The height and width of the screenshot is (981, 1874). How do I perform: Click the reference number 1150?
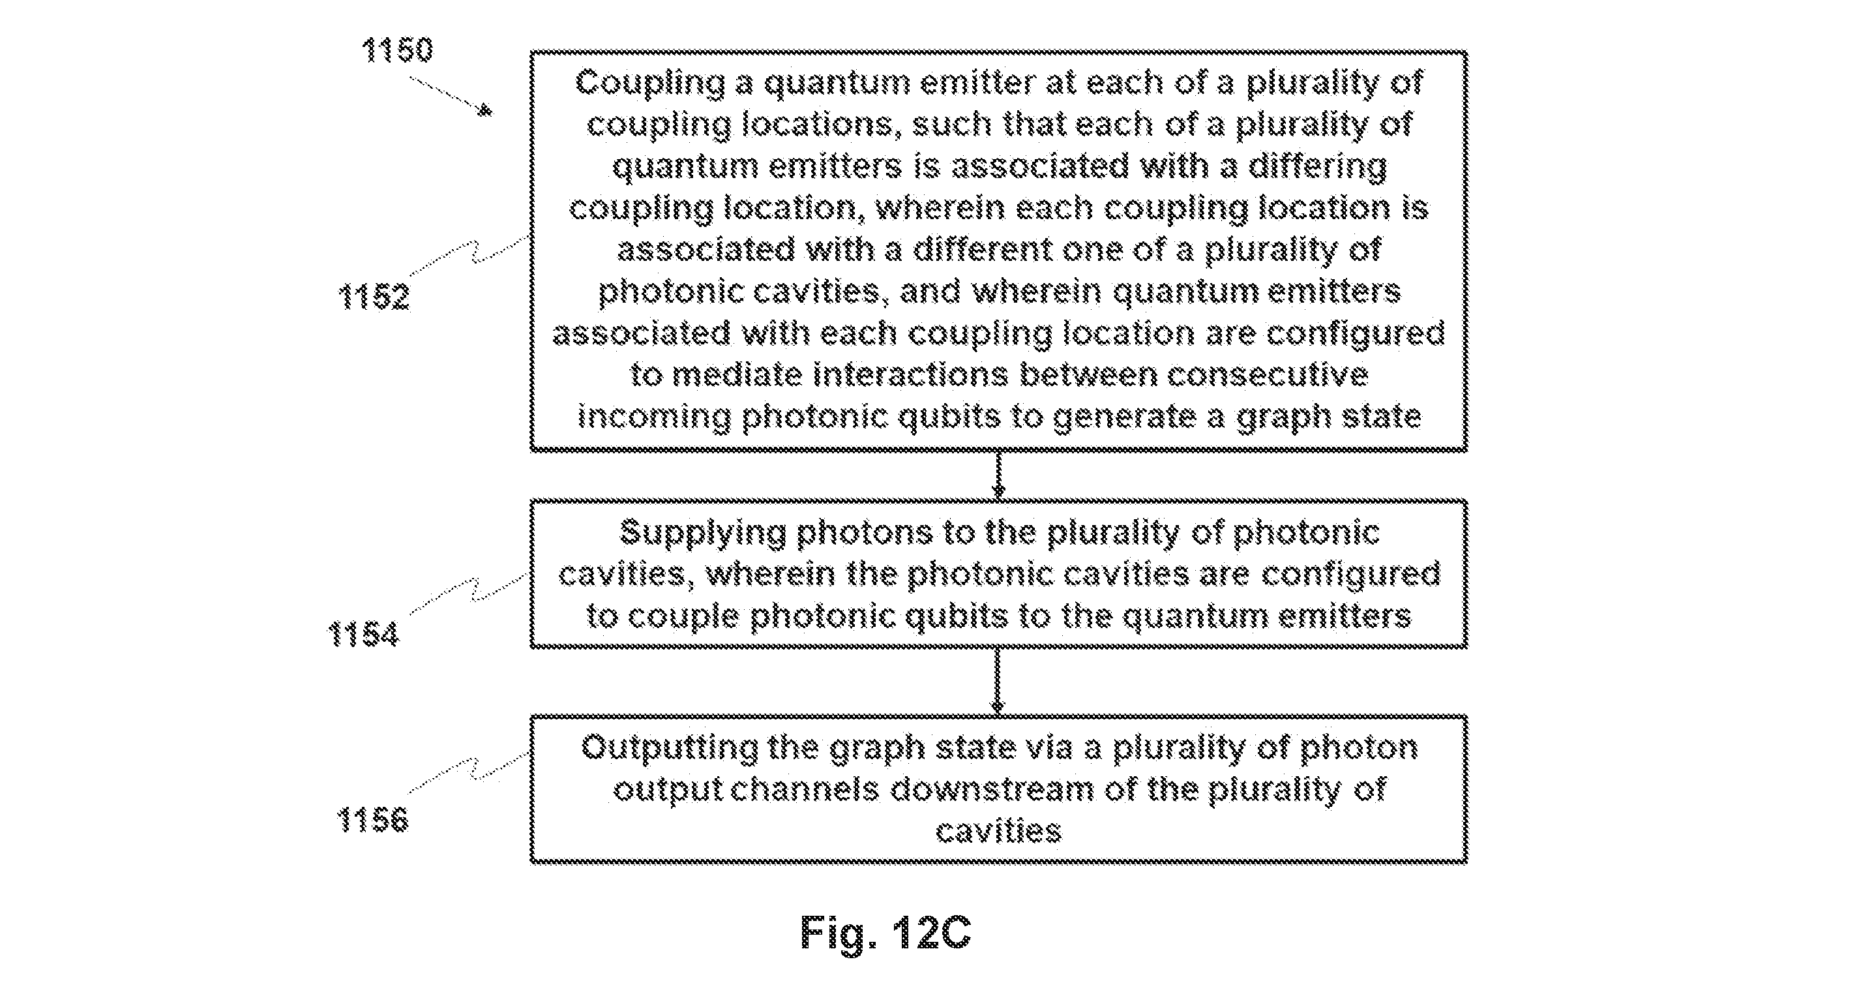pyautogui.click(x=397, y=50)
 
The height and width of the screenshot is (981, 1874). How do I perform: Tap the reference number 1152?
pyautogui.click(x=374, y=297)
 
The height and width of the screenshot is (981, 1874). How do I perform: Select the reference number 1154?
pyautogui.click(x=363, y=633)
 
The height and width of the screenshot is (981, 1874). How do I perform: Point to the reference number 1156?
pyautogui.click(x=372, y=819)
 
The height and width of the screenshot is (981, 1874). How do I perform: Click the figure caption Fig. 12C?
pyautogui.click(x=885, y=932)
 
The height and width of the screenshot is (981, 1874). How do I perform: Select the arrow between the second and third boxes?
pyautogui.click(x=998, y=682)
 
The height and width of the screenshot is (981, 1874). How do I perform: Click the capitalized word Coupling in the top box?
pyautogui.click(x=649, y=83)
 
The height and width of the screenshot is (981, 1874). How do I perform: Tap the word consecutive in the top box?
pyautogui.click(x=1268, y=375)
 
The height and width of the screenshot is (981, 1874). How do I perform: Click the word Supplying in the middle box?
pyautogui.click(x=703, y=534)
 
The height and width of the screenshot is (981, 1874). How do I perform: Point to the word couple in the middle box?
pyautogui.click(x=683, y=617)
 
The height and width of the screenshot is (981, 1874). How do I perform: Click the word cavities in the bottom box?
pyautogui.click(x=998, y=831)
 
